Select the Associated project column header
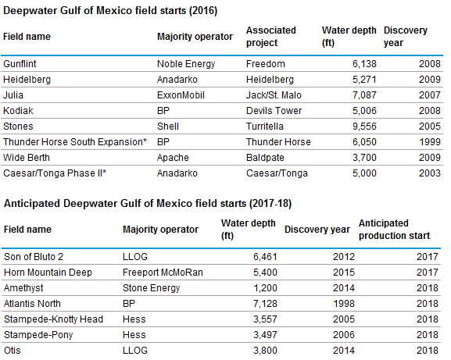click(x=271, y=36)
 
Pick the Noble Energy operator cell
click(x=186, y=63)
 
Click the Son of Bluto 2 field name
click(x=34, y=255)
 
